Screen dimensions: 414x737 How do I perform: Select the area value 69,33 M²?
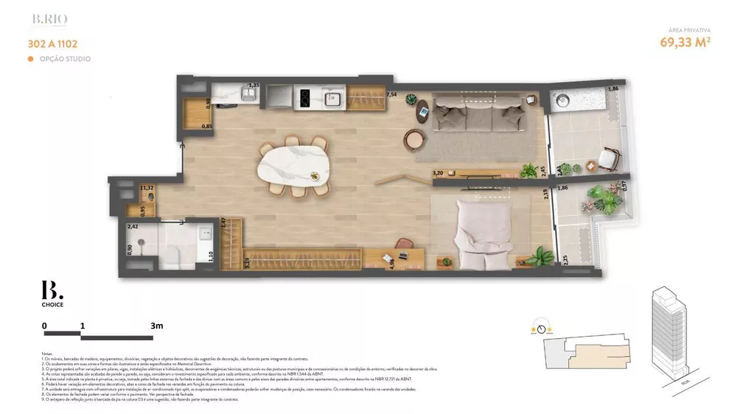click(685, 42)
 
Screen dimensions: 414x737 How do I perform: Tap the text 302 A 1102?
click(53, 44)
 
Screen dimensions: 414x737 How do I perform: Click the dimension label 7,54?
click(392, 95)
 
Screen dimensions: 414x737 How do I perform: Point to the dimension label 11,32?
click(146, 189)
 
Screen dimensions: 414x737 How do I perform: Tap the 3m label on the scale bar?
click(156, 325)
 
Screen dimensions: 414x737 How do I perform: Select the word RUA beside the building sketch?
click(685, 382)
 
